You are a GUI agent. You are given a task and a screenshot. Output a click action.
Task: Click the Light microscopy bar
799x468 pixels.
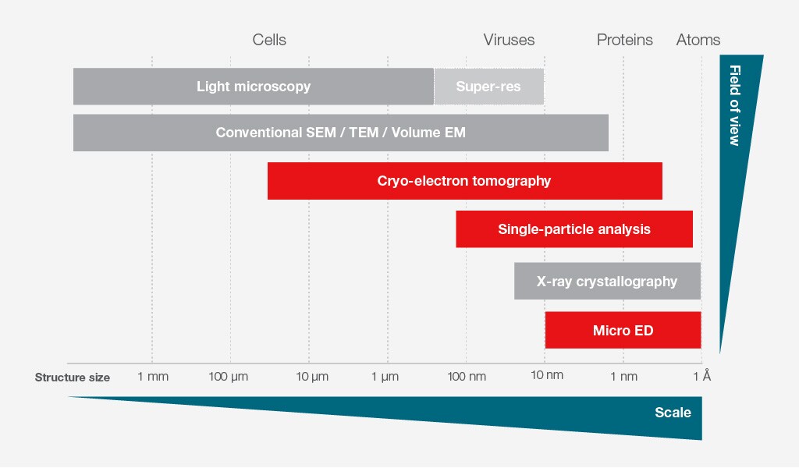pyautogui.click(x=253, y=87)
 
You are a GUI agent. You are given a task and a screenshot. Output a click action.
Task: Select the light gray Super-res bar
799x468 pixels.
pyautogui.click(x=488, y=87)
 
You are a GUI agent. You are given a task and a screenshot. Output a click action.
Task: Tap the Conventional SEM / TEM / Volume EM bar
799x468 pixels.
pyautogui.click(x=340, y=133)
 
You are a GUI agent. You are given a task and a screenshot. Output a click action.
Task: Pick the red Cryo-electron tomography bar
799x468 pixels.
pyautogui.click(x=464, y=181)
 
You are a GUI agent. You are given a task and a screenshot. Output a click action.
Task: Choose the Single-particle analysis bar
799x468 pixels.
pyautogui.click(x=574, y=229)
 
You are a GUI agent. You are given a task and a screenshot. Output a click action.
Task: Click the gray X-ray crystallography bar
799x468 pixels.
pyautogui.click(x=607, y=282)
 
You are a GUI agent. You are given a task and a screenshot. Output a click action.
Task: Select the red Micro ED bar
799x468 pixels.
pyautogui.click(x=623, y=331)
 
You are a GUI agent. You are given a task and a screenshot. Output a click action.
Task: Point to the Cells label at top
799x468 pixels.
pyautogui.click(x=269, y=40)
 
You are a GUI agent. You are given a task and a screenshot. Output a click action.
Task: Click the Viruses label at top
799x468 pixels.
pyautogui.click(x=509, y=40)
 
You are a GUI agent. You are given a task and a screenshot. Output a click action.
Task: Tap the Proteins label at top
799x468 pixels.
pyautogui.click(x=624, y=40)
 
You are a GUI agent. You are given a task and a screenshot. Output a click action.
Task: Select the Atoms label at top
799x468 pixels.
pyautogui.click(x=698, y=40)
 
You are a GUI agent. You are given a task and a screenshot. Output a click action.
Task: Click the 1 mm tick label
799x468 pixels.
pyautogui.click(x=152, y=377)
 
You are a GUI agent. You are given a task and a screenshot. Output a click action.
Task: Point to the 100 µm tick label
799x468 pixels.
pyautogui.click(x=229, y=377)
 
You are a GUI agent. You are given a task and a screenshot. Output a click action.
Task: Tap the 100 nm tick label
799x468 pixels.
pyautogui.click(x=467, y=377)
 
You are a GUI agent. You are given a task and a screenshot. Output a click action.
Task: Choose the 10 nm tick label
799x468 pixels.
pyautogui.click(x=546, y=377)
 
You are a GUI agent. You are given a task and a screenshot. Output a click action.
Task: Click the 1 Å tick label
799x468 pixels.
pyautogui.click(x=702, y=377)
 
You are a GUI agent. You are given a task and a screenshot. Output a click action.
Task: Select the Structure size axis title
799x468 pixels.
pyautogui.click(x=73, y=378)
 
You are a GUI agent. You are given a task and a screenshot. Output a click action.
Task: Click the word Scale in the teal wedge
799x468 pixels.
pyautogui.click(x=673, y=412)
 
